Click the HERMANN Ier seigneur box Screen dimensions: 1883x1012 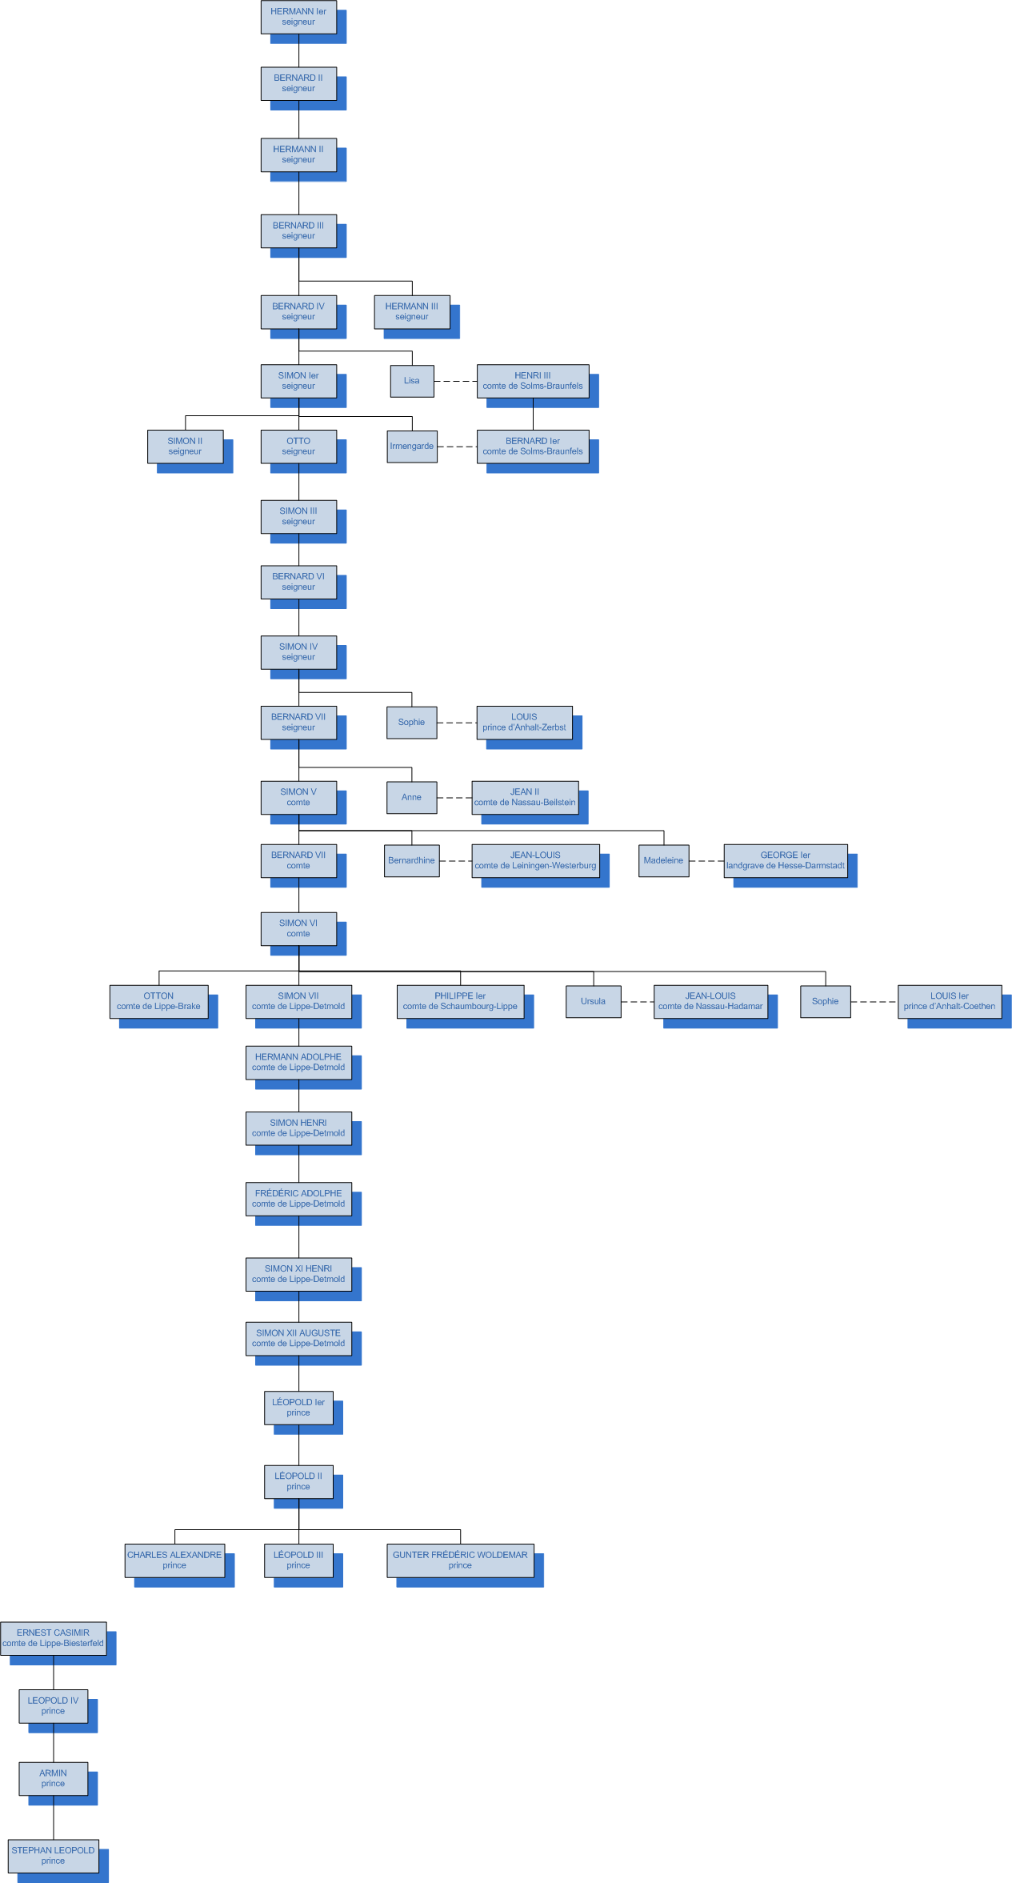(298, 17)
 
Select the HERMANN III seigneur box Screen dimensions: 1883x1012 (411, 311)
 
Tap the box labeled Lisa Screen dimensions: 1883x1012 (412, 381)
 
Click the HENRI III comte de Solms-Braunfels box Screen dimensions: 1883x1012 (533, 381)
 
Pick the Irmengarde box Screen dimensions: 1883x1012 (412, 447)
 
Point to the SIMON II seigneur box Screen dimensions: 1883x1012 (185, 447)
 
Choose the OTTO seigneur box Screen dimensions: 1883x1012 (298, 447)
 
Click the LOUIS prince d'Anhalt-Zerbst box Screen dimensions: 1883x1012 (524, 723)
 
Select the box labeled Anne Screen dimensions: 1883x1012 (411, 797)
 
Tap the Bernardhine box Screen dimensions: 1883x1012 (411, 861)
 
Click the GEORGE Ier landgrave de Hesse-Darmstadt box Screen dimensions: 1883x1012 (785, 861)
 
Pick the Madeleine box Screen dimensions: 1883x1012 (663, 861)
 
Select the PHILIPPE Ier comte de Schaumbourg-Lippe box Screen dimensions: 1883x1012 (460, 1002)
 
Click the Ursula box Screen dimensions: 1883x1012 (593, 1002)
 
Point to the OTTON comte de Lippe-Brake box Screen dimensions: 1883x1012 (158, 1002)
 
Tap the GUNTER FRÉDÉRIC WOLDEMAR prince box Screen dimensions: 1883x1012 (460, 1560)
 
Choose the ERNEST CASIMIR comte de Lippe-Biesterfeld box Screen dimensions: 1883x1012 (53, 1638)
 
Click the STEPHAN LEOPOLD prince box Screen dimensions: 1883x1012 (53, 1856)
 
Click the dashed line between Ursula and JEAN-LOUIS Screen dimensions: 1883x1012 (638, 1002)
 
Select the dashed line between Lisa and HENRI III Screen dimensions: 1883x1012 (455, 382)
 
